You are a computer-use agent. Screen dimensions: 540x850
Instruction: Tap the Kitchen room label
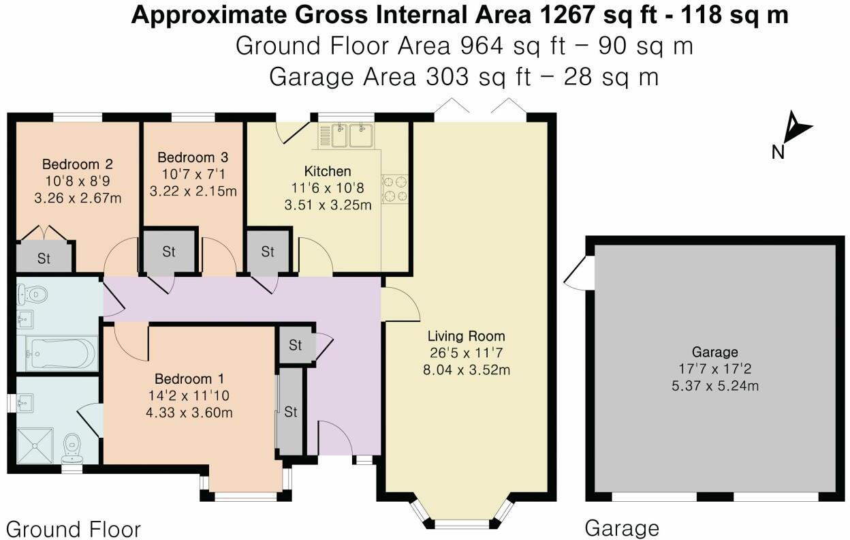point(328,170)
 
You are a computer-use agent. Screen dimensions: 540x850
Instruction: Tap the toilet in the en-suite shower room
point(72,447)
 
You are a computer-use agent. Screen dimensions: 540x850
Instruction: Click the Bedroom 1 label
point(189,379)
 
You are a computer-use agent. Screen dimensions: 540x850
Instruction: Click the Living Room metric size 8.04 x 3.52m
point(467,370)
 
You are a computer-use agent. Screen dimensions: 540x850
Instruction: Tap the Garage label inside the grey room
point(714,352)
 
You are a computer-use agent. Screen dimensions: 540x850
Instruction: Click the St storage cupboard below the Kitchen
point(268,252)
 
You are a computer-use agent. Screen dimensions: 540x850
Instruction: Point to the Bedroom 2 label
point(77,164)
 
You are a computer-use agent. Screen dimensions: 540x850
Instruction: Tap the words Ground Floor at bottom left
point(73,529)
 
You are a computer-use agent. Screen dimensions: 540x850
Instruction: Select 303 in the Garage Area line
point(446,76)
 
